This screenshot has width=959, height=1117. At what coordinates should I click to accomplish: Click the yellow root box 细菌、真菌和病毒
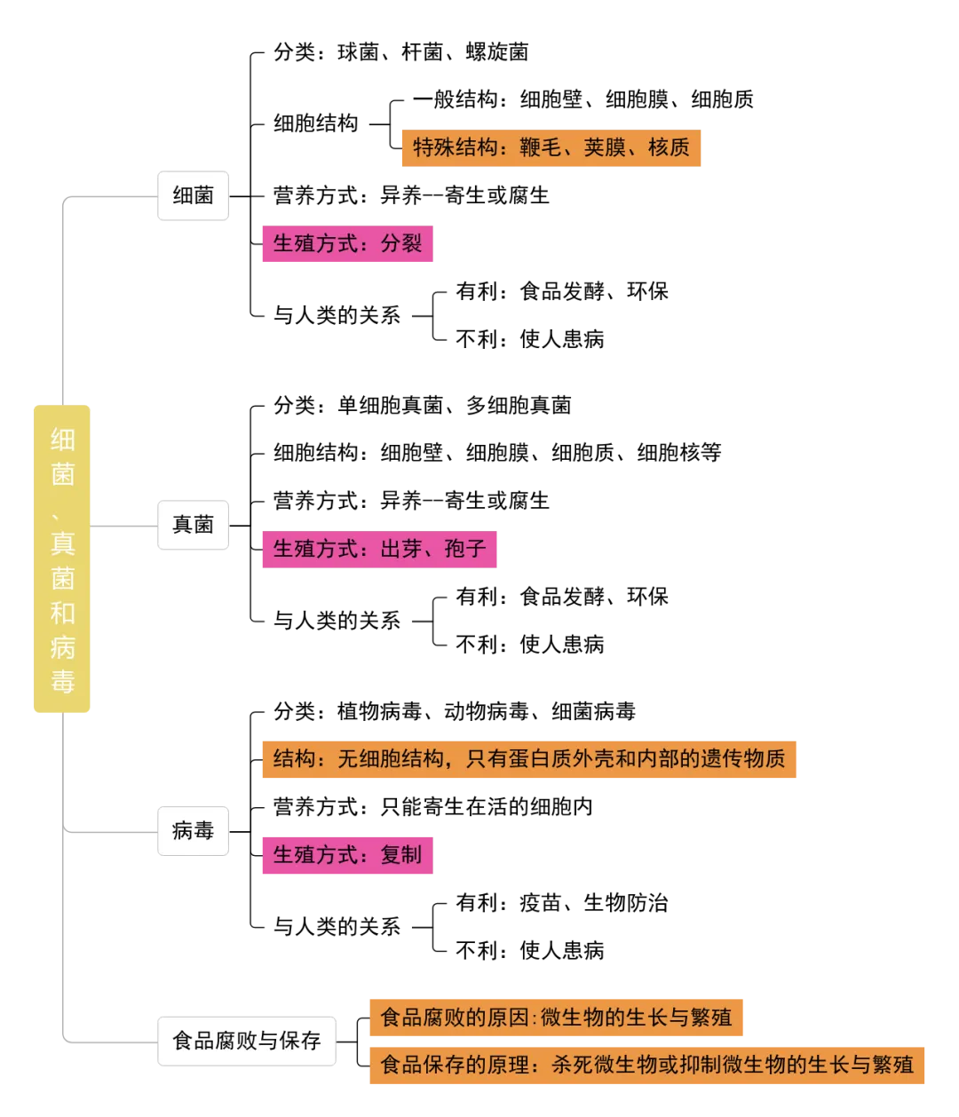click(x=60, y=560)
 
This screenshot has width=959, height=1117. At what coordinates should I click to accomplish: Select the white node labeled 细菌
click(x=194, y=196)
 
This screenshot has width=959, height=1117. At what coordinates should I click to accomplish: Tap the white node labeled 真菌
click(x=194, y=525)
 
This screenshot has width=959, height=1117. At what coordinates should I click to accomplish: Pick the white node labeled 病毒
click(x=194, y=831)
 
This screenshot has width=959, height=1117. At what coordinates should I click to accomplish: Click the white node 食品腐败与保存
click(x=247, y=1041)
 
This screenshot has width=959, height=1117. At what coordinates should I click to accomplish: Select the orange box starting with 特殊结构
click(x=551, y=147)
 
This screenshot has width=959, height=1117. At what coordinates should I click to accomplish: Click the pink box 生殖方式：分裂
click(x=345, y=242)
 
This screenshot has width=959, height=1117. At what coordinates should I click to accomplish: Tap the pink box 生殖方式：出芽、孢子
click(x=377, y=548)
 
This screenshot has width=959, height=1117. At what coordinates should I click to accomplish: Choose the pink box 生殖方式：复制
click(x=345, y=855)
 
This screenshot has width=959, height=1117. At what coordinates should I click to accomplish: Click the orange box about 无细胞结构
click(x=529, y=759)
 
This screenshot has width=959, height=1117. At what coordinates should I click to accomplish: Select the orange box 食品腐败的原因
click(x=557, y=1017)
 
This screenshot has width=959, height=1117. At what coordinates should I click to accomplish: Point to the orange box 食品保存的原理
click(x=648, y=1065)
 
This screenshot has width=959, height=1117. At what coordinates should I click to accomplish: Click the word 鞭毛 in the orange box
click(x=541, y=147)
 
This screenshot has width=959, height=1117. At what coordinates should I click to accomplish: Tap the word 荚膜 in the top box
click(x=605, y=147)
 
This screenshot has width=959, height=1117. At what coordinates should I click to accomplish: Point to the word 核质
click(x=669, y=147)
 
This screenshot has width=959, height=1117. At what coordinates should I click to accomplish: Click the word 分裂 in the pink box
click(x=401, y=242)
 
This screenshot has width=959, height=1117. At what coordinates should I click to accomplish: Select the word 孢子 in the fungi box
click(x=465, y=548)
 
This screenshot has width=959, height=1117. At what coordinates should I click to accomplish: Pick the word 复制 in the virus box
click(x=401, y=855)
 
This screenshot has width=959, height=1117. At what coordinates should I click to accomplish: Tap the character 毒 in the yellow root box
click(x=62, y=682)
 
